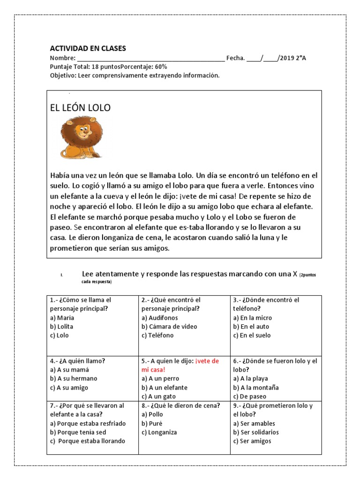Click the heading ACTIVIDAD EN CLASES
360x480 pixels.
[88, 49]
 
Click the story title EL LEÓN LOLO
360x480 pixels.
[80, 108]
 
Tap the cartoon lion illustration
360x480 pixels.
[81, 138]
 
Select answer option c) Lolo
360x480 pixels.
[59, 335]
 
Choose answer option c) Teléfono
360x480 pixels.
[157, 335]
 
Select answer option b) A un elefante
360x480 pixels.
[164, 388]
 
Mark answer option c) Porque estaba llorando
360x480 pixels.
[88, 441]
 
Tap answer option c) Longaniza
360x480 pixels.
[159, 432]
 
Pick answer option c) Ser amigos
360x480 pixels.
[252, 441]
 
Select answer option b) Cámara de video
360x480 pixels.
[169, 326]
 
